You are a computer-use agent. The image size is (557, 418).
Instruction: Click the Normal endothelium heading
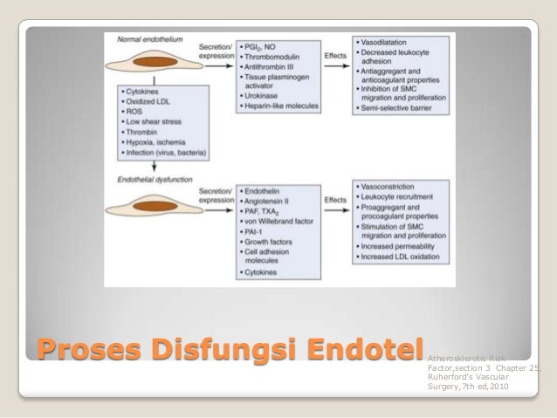(144, 41)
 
